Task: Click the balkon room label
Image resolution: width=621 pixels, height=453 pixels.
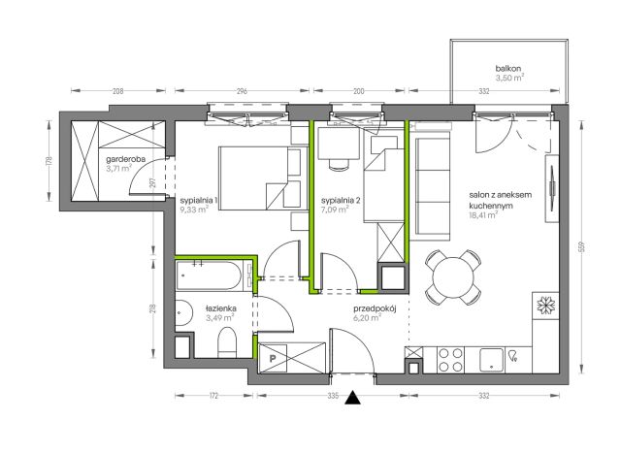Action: (x=508, y=69)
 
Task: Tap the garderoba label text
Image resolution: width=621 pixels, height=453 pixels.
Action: (x=125, y=159)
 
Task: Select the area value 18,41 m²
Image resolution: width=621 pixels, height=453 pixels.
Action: (x=483, y=215)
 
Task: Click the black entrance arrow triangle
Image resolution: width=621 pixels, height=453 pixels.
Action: (x=352, y=398)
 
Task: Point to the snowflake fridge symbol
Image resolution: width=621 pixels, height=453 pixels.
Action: (x=546, y=306)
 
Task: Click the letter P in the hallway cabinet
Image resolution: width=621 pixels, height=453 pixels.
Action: (x=273, y=359)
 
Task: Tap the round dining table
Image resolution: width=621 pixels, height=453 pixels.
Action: (x=453, y=277)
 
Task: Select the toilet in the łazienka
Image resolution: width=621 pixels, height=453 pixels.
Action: (x=227, y=342)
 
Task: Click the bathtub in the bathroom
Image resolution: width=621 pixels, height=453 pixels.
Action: (x=209, y=276)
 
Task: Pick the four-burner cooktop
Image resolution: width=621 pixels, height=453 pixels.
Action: (x=450, y=360)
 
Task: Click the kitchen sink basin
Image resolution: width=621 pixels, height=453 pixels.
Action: (x=491, y=360)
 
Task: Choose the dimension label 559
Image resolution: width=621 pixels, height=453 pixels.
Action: (x=581, y=247)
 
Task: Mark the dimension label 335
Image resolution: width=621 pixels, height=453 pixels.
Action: (x=333, y=395)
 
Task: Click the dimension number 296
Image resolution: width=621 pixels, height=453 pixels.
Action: (x=242, y=91)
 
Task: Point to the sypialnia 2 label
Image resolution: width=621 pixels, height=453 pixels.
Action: (x=341, y=200)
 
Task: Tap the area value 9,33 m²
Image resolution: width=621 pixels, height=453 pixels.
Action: (x=194, y=210)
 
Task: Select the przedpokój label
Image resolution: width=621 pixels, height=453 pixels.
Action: (x=375, y=308)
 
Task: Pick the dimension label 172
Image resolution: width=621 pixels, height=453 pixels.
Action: (x=213, y=395)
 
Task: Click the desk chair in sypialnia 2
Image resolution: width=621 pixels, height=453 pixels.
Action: (x=340, y=165)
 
